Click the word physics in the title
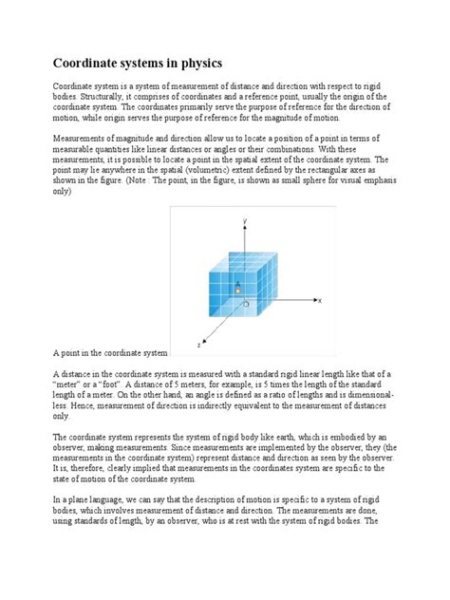198,64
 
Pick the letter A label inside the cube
237,282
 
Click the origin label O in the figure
247,306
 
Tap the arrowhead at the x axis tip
313,300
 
